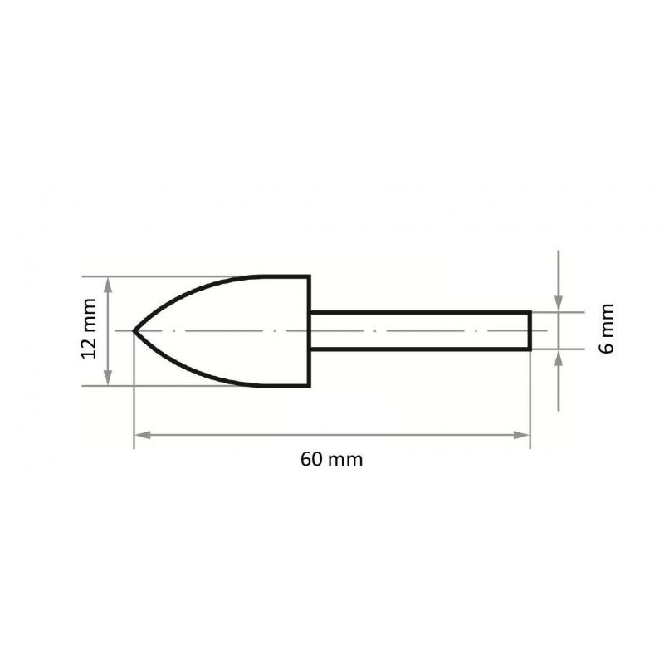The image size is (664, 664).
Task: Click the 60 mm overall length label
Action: point(332,460)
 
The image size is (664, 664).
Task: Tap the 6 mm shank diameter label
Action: point(608,330)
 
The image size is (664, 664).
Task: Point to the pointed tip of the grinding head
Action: point(135,330)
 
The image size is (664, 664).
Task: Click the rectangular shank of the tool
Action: point(419,330)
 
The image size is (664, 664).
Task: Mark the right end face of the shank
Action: point(530,330)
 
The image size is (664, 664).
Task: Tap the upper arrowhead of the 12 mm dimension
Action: point(108,283)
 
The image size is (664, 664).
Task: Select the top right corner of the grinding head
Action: point(309,276)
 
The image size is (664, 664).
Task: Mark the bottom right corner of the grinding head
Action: point(309,386)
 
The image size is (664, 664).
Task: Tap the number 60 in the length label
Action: point(312,460)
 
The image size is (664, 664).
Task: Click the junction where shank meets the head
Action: point(310,330)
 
